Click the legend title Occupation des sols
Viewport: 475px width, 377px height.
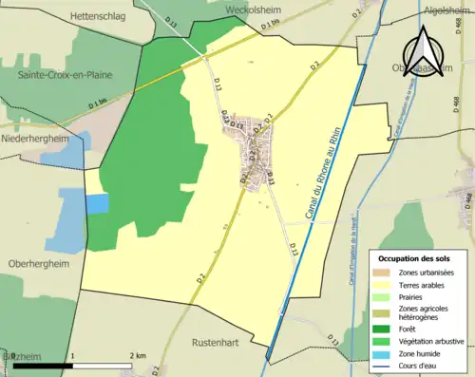click(416, 258)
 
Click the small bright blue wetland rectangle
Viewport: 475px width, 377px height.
click(97, 204)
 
